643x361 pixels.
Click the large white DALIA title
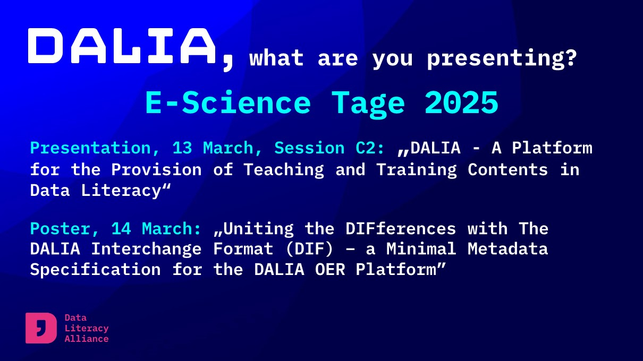pos(122,46)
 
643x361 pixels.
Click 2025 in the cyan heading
pos(461,102)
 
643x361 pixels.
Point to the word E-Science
pos(228,102)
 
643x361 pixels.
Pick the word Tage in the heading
pos(368,105)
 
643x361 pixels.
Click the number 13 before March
pos(182,148)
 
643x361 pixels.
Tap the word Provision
pos(156,169)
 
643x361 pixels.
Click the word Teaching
pos(284,170)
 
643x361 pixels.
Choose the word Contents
pos(507,169)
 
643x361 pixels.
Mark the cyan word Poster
pos(61,229)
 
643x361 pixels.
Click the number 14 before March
pos(121,229)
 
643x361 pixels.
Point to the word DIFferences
pos(401,229)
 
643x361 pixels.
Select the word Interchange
pos(146,250)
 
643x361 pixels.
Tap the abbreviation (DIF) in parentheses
pos(309,249)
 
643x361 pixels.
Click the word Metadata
pos(507,248)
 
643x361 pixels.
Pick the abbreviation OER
pos(330,270)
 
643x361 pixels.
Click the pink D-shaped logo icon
pos(41,328)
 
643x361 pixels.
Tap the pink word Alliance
pos(87,339)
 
